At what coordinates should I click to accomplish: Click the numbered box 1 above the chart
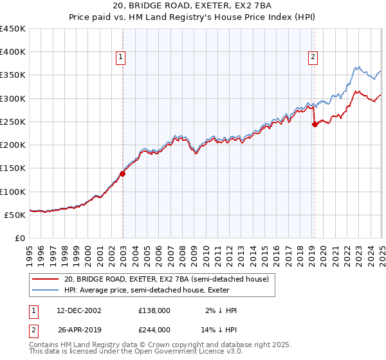120,57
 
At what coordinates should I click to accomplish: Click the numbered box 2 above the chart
313,57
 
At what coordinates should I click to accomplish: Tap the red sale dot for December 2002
122,174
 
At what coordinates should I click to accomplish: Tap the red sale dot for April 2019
315,125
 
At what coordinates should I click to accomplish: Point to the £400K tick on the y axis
14,52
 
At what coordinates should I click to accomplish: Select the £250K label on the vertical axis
14,122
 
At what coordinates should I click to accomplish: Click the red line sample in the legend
45,279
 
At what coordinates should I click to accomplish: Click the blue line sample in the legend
45,290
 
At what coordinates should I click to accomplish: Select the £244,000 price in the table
154,329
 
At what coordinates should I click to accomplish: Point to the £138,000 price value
154,310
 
